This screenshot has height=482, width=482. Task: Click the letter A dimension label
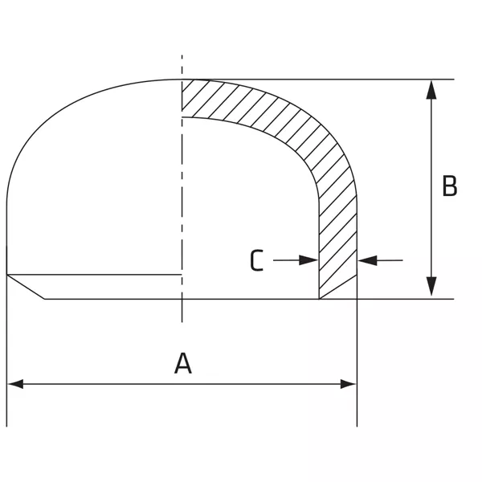183,363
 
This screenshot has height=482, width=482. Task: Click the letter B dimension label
450,186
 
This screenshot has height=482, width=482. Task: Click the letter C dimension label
257,260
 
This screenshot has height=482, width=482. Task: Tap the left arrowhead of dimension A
15,384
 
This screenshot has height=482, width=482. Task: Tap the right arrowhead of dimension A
349,384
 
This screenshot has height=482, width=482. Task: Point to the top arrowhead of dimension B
431,89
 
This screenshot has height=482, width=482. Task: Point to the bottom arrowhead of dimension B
431,287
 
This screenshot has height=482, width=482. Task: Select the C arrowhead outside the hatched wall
368,260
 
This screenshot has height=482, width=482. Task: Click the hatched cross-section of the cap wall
338,215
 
